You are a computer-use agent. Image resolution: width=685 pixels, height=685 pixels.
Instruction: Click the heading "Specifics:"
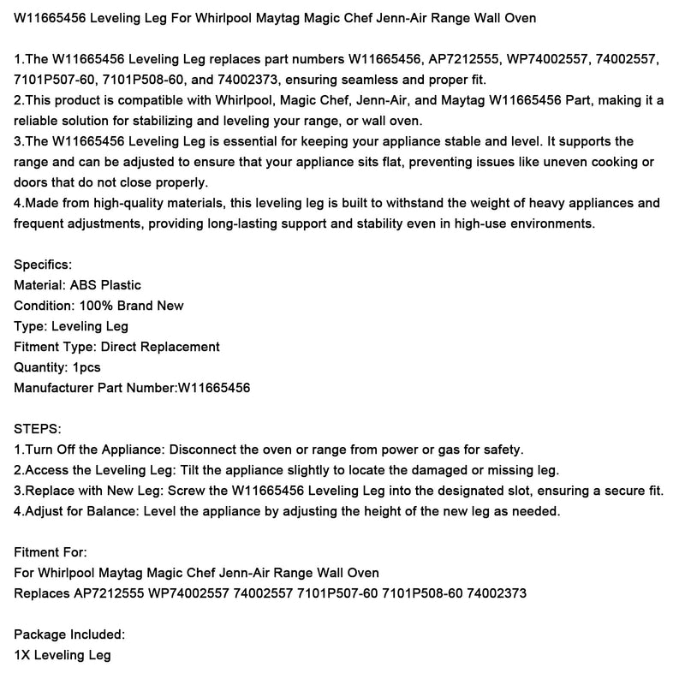pos(44,265)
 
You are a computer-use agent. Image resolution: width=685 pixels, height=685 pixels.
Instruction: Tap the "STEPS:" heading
pos(39,428)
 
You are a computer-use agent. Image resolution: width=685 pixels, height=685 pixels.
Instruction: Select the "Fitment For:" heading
pos(51,552)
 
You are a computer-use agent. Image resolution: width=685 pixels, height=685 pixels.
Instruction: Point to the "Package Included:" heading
pos(69,634)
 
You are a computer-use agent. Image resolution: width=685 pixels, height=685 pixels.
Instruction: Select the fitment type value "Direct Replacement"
pos(160,347)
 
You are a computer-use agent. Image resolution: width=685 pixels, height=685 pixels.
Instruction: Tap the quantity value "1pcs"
pos(86,367)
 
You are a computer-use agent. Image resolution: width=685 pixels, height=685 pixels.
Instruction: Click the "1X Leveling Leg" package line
pos(63,655)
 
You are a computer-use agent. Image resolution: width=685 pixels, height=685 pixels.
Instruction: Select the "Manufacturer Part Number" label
pos(95,388)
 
